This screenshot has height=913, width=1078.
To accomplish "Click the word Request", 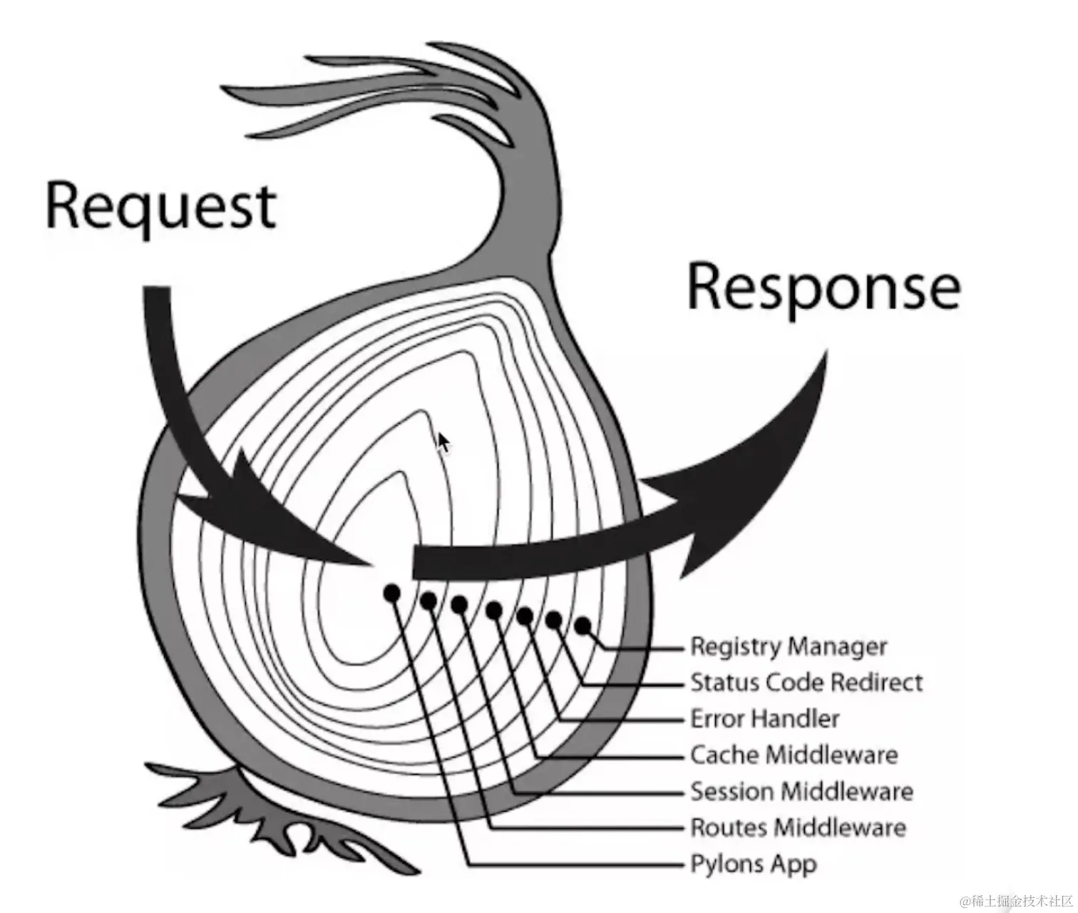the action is pyautogui.click(x=160, y=207).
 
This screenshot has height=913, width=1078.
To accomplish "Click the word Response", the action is pyautogui.click(x=823, y=287).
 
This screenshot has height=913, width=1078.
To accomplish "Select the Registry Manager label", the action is pyautogui.click(x=789, y=646).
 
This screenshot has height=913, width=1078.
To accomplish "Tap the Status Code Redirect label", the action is pyautogui.click(x=806, y=683).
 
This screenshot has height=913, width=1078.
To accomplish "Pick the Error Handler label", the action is pyautogui.click(x=765, y=718).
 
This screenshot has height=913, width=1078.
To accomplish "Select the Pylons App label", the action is pyautogui.click(x=754, y=864).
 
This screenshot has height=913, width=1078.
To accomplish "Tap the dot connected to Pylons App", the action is pyautogui.click(x=391, y=593).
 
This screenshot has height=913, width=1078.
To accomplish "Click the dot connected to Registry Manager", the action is pyautogui.click(x=582, y=626).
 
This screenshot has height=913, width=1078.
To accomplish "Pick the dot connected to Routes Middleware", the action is pyautogui.click(x=428, y=601).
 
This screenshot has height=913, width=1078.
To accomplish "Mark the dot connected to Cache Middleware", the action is pyautogui.click(x=493, y=610).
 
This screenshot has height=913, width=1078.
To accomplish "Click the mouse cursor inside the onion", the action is pyautogui.click(x=443, y=442).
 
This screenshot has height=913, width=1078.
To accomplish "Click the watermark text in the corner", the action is pyautogui.click(x=1016, y=900).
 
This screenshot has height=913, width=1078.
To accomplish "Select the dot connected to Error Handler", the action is pyautogui.click(x=525, y=616).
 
